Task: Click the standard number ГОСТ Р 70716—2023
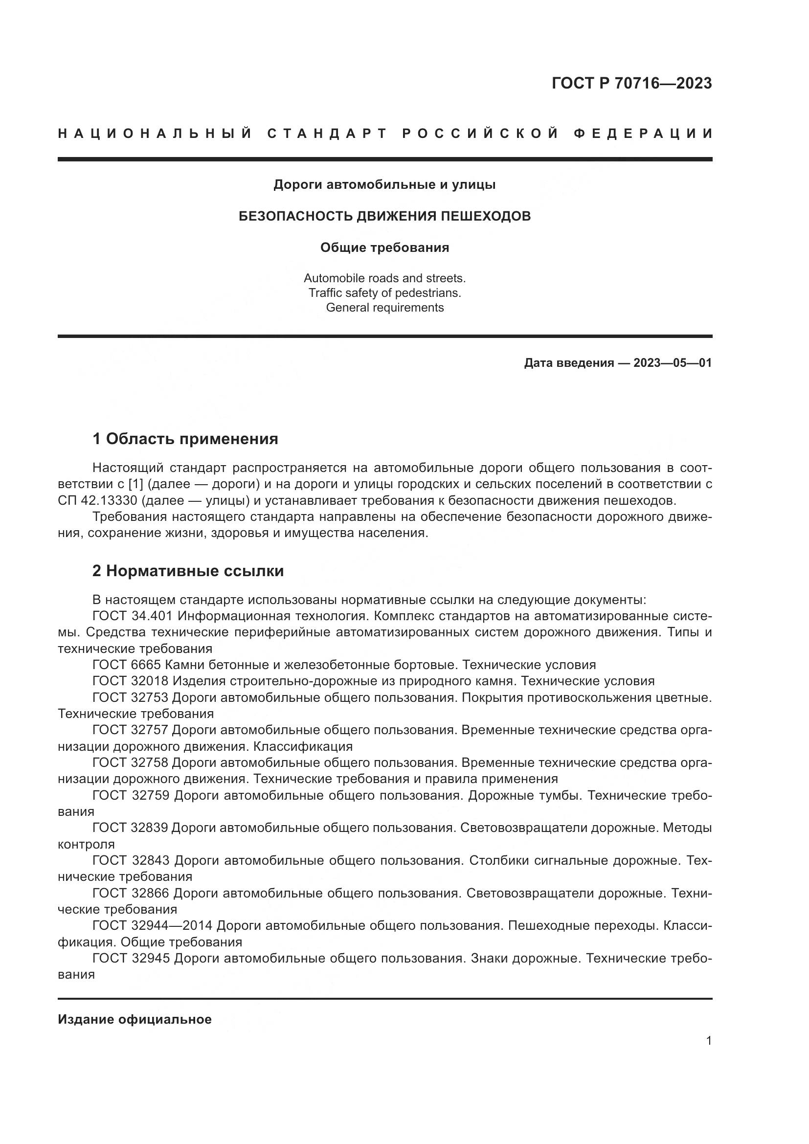(x=631, y=83)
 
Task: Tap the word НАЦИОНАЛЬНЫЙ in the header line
(x=155, y=134)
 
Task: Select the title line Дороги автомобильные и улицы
(x=384, y=185)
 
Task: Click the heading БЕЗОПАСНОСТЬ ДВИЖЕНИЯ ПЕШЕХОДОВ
(x=384, y=216)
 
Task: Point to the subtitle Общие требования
(x=384, y=247)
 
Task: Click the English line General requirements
(x=384, y=308)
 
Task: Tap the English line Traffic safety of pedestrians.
(x=384, y=293)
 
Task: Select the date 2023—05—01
(x=673, y=363)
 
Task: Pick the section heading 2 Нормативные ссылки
(x=188, y=571)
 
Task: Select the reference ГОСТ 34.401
(x=132, y=616)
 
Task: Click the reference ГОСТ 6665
(x=127, y=665)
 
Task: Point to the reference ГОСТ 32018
(x=130, y=681)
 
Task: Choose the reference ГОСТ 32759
(x=131, y=795)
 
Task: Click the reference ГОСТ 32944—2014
(x=153, y=926)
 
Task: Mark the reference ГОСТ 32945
(x=131, y=958)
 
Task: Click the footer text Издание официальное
(x=135, y=1019)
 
